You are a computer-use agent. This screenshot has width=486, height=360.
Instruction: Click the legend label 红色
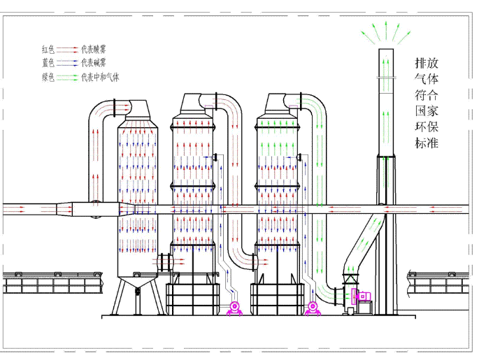[x=48, y=49]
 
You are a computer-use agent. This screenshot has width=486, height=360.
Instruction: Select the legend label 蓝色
[x=48, y=62]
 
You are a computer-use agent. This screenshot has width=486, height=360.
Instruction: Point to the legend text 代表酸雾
[x=94, y=49]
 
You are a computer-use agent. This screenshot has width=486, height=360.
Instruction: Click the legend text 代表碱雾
[x=94, y=62]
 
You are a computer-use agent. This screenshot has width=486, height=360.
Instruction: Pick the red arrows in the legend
[x=67, y=49]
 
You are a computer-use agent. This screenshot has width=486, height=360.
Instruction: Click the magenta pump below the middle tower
[x=234, y=308]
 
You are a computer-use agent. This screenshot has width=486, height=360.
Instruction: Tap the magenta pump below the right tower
[x=313, y=307]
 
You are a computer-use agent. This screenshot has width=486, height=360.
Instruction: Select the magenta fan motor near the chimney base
[x=363, y=296]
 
